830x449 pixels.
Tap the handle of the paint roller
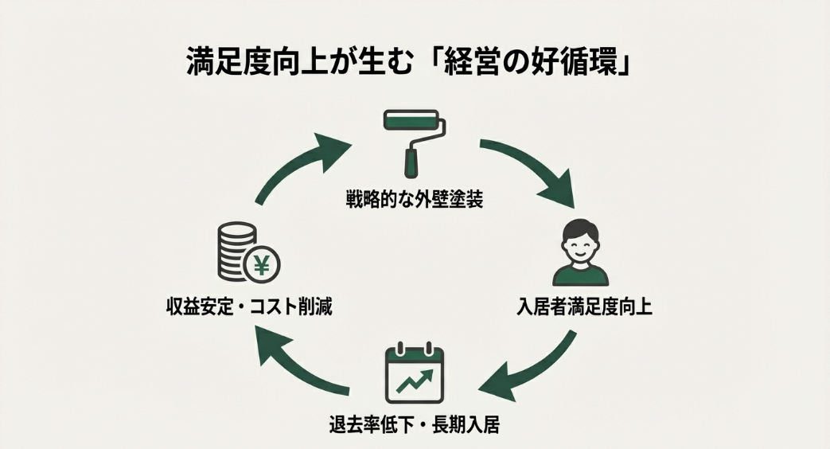coord(411,162)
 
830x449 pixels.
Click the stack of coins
coord(235,252)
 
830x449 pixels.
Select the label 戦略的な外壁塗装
coord(414,198)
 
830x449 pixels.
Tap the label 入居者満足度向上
coord(583,306)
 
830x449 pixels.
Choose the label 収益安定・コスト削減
coord(245,306)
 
